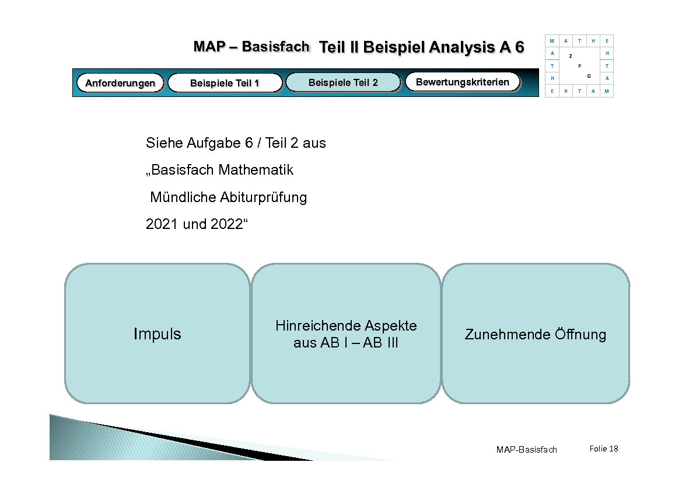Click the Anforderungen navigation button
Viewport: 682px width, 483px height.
point(120,83)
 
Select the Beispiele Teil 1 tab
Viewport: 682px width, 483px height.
point(225,83)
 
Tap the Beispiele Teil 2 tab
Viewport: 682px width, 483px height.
point(343,82)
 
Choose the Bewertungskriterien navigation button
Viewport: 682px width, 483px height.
point(462,82)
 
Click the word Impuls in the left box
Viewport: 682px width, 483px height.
point(157,334)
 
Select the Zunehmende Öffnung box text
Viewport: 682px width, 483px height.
point(535,335)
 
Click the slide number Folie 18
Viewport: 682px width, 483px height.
point(603,449)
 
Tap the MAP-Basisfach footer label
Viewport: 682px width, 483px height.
point(526,449)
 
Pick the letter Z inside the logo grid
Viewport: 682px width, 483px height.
point(571,56)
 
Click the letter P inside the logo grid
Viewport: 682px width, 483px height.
point(579,66)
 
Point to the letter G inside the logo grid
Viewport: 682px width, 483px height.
point(589,76)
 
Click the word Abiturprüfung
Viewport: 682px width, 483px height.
point(264,197)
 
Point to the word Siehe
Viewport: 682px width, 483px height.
point(164,143)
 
